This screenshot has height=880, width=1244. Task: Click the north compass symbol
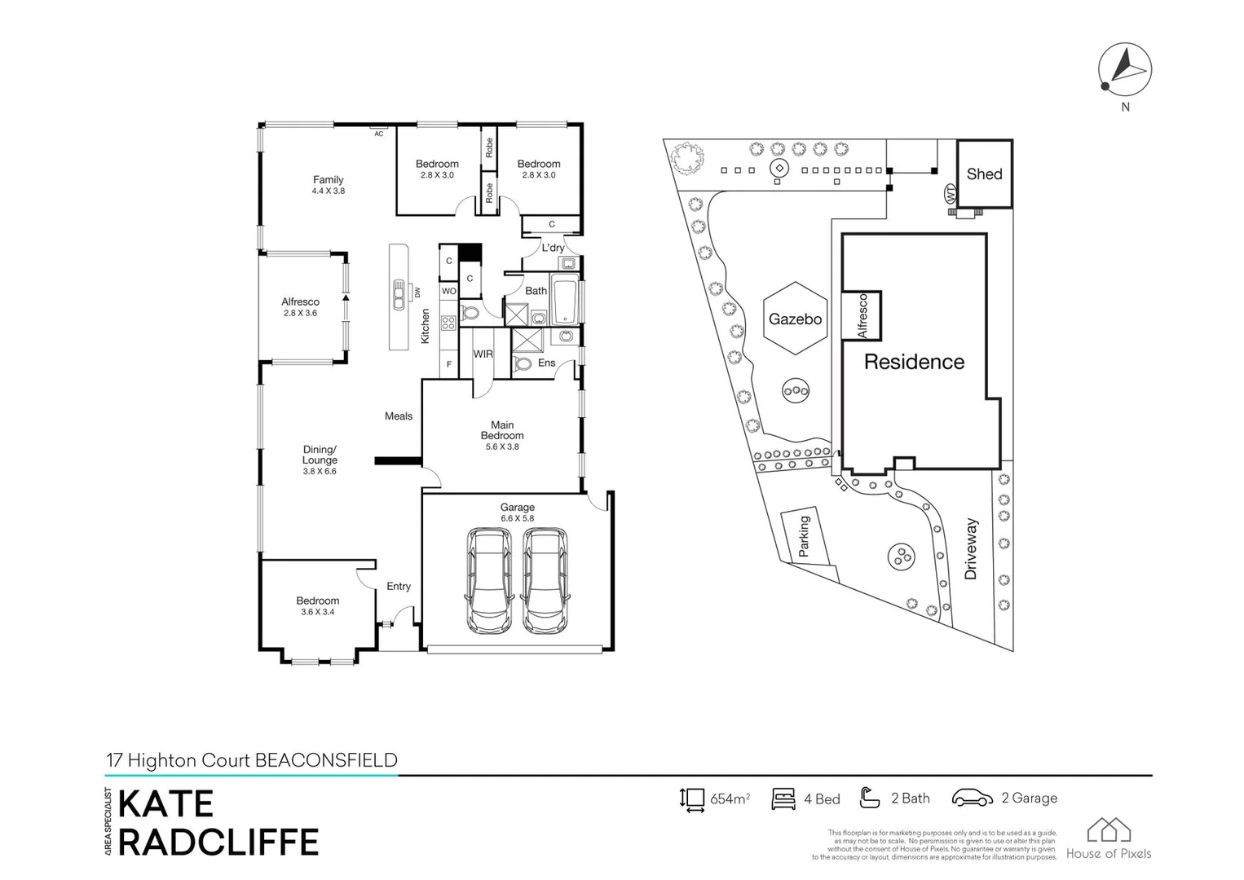pos(1124,69)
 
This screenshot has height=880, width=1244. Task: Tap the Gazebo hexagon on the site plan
pos(795,319)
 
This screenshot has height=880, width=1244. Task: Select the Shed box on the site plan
pos(984,174)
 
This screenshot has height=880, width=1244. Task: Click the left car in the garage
pos(489,580)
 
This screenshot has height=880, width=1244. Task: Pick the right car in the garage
pos(545,580)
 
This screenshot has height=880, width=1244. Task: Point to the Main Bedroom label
pos(502,430)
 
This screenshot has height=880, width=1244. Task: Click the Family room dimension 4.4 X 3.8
pos(328,191)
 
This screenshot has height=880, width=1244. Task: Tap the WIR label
pos(483,354)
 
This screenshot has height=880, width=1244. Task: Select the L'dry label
pos(553,248)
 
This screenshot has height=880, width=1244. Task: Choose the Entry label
pos(399,586)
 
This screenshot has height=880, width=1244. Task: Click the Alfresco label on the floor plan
pos(300,301)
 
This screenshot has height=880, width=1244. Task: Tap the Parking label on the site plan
pos(804,535)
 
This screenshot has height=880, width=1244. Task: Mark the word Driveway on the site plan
pos(970,548)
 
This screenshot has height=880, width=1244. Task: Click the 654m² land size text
pos(730,799)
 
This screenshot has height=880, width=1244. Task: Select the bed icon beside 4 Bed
pos(783,799)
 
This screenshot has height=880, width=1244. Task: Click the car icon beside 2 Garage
pos(972,798)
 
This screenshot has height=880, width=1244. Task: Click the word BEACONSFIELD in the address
pos(326,760)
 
